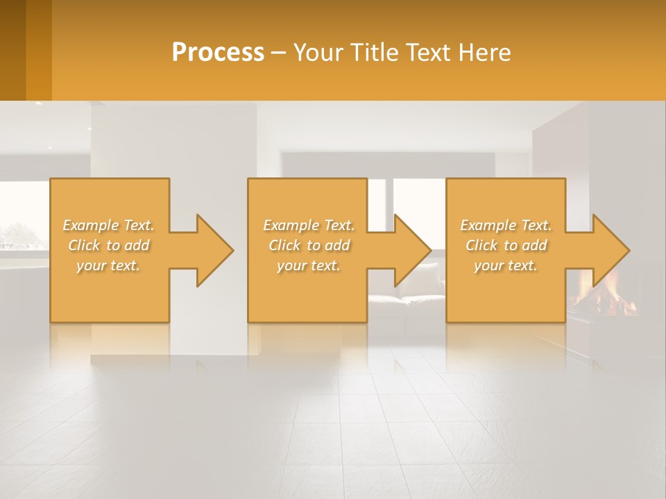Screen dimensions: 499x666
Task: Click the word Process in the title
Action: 218,53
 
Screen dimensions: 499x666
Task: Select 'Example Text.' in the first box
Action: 108,225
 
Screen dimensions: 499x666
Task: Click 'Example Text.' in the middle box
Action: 309,225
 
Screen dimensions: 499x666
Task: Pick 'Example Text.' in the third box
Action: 506,225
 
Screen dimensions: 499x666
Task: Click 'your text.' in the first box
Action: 108,265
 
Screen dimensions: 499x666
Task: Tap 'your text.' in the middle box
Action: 309,265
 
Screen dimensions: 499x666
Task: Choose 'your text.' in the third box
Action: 506,265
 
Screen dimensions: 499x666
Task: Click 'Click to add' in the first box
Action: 108,245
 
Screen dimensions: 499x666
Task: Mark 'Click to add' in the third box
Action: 506,245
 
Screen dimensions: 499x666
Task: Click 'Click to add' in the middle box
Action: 309,245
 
